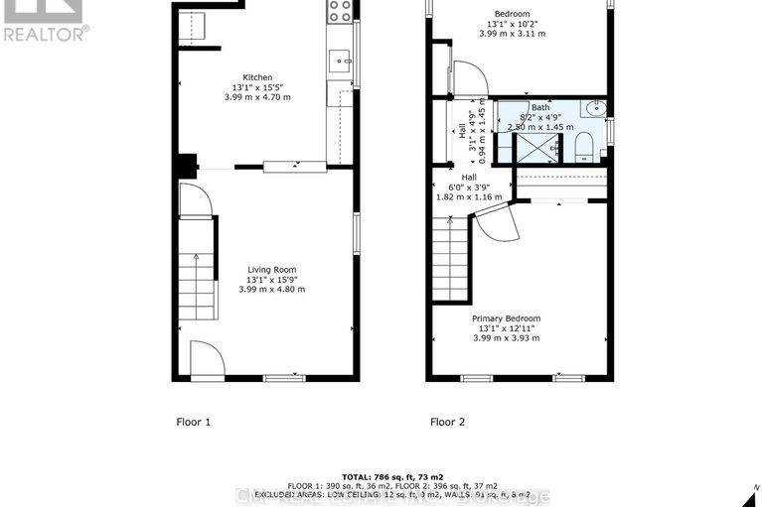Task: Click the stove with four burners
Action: (340, 12)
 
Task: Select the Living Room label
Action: (271, 269)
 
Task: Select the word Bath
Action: (539, 107)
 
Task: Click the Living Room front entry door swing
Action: (206, 358)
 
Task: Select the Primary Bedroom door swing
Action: (497, 223)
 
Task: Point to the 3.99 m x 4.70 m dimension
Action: (257, 97)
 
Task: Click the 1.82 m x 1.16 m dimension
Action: (470, 197)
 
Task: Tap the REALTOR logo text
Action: (46, 33)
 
